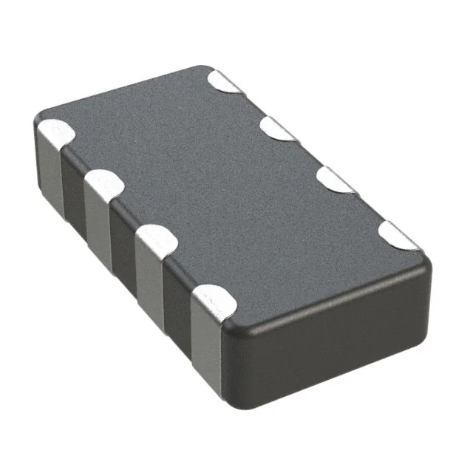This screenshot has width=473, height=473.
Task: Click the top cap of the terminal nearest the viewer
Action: [x=211, y=298]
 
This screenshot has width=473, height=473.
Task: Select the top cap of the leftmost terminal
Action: [x=54, y=134]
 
